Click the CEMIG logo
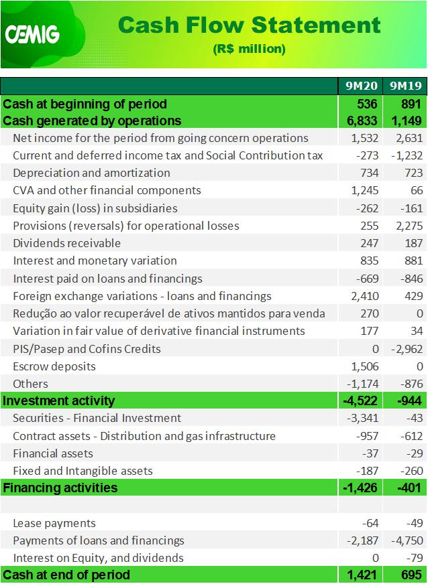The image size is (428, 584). point(32,35)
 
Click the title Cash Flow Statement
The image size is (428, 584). point(249,25)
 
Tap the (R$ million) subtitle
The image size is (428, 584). point(249,49)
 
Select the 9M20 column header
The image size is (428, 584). point(361,86)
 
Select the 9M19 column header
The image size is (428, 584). point(406,86)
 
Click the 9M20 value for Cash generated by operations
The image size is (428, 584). point(362,121)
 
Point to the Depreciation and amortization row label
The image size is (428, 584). point(91,173)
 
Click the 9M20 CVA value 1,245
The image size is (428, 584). point(364,190)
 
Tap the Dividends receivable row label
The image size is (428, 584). point(67,243)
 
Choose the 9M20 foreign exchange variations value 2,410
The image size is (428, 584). point(364,296)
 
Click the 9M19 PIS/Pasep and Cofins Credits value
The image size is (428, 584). point(407,349)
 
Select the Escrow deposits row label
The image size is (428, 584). point(54,366)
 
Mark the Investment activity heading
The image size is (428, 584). point(58,400)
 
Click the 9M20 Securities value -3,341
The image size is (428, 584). point(363,419)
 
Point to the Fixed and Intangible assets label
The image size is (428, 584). point(83,471)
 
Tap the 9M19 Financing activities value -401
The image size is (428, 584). point(409,488)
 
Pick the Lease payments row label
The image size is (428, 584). point(54,523)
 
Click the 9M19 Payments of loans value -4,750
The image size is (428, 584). point(407,540)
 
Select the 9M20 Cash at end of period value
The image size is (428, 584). point(362,575)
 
